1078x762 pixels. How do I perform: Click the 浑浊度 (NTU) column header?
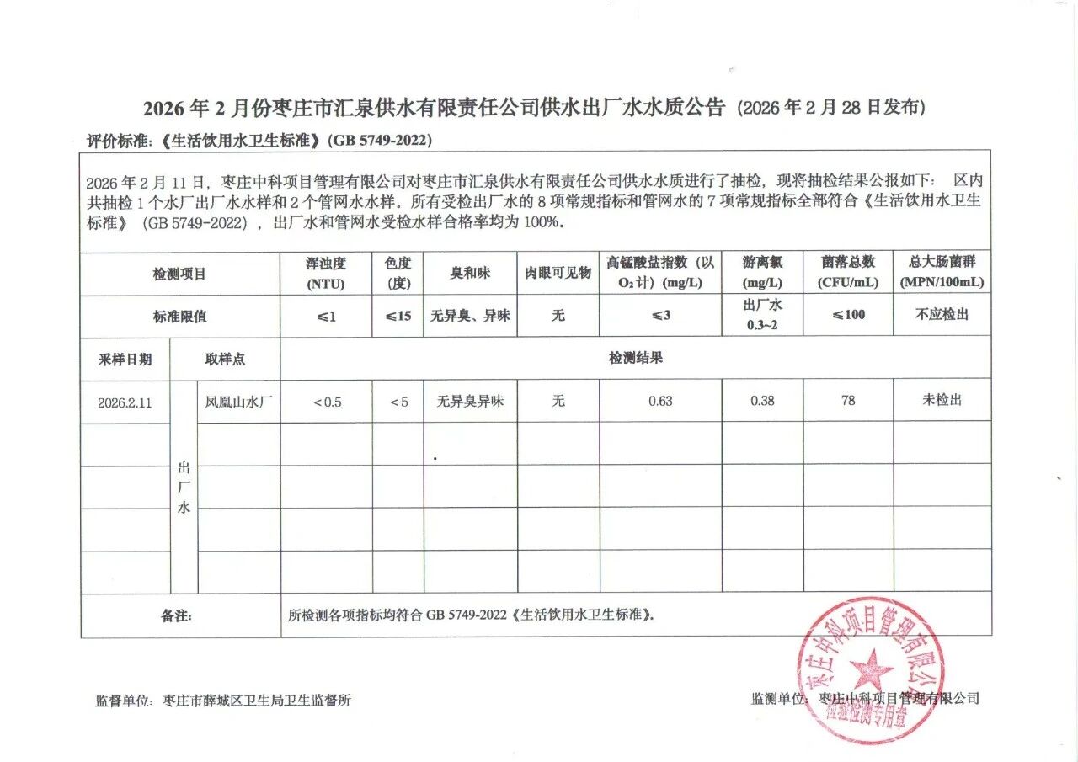click(x=326, y=273)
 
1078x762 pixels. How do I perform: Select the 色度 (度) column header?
click(x=398, y=273)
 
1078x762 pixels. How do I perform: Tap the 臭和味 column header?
click(x=469, y=273)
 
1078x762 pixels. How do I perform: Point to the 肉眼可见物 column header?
click(x=558, y=273)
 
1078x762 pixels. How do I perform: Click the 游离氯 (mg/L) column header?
click(x=762, y=273)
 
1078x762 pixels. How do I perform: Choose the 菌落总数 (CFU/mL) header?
click(x=848, y=273)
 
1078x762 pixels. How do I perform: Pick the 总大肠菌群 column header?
click(x=942, y=273)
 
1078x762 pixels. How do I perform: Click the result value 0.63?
click(x=660, y=401)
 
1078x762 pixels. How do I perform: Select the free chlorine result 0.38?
click(x=762, y=401)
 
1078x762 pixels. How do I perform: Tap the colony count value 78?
click(x=848, y=401)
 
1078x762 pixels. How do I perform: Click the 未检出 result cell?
click(x=942, y=400)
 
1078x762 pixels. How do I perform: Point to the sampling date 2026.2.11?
click(x=125, y=402)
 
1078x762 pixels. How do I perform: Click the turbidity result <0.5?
click(x=327, y=402)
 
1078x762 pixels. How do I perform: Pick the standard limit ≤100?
click(x=848, y=315)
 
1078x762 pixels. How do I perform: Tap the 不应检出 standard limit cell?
click(x=942, y=315)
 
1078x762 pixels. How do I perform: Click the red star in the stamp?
click(x=871, y=670)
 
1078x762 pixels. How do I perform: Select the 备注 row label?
click(x=177, y=615)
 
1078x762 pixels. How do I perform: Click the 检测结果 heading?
click(x=636, y=358)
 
